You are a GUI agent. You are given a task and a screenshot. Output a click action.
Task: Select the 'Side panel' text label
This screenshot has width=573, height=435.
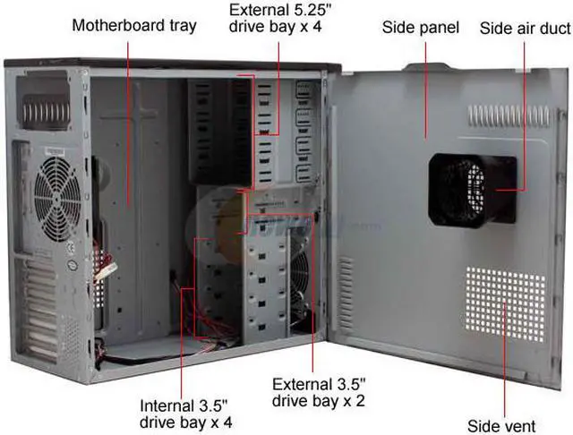pyautogui.click(x=420, y=28)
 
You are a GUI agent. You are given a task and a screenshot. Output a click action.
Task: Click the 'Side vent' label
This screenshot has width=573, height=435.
pyautogui.click(x=501, y=424)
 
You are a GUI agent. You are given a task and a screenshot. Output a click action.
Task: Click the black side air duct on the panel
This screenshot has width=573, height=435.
pyautogui.click(x=472, y=189)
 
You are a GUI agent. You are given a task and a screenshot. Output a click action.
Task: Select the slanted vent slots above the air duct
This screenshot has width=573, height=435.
pyautogui.click(x=501, y=115)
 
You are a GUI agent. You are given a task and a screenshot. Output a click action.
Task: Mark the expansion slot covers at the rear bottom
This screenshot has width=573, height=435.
pyautogui.click(x=40, y=313)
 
